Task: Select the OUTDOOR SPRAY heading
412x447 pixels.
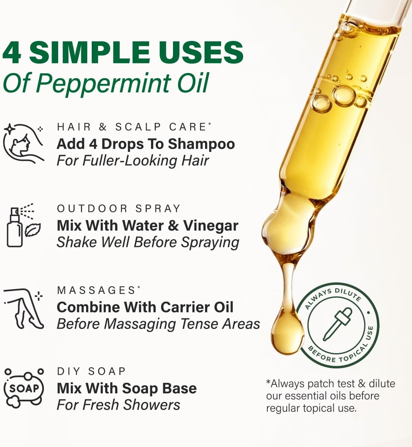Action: (119, 208)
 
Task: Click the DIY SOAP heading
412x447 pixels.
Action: (91, 371)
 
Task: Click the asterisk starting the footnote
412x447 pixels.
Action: (268, 383)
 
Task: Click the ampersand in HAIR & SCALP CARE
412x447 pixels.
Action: (103, 127)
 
